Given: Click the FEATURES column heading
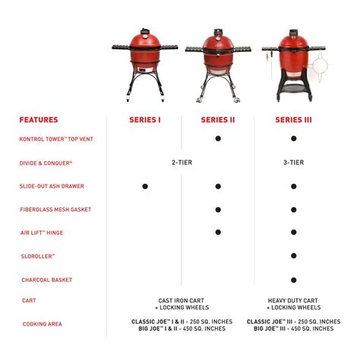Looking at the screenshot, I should pyautogui.click(x=38, y=119).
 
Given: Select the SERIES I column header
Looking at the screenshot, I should pyautogui.click(x=144, y=119).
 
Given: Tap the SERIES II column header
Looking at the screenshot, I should pyautogui.click(x=218, y=119).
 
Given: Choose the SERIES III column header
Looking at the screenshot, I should pyautogui.click(x=293, y=119).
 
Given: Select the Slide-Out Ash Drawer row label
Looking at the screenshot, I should pyautogui.click(x=52, y=186).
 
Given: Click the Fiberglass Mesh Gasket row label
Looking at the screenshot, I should pyautogui.click(x=55, y=210).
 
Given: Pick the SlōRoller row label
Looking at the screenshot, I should pyautogui.click(x=37, y=257).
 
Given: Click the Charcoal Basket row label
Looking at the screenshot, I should pyautogui.click(x=46, y=280).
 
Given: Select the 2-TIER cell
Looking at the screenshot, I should pyautogui.click(x=181, y=162).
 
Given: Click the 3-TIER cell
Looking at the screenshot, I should pyautogui.click(x=293, y=162).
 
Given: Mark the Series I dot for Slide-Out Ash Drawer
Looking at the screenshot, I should pyautogui.click(x=145, y=185).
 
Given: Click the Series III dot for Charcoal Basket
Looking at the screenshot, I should pyautogui.click(x=293, y=279).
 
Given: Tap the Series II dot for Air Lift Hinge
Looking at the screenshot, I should pyautogui.click(x=218, y=232).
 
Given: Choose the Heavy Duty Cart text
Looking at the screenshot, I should pyautogui.click(x=293, y=301).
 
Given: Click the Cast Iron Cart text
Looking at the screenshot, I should pyautogui.click(x=181, y=301).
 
